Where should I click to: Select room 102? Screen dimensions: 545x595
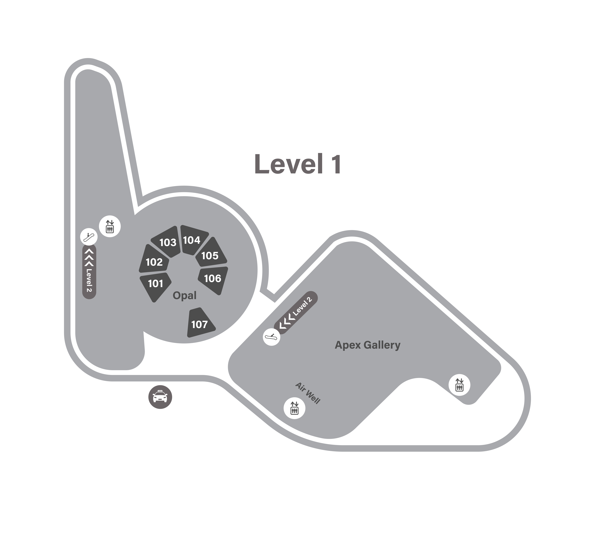(154, 262)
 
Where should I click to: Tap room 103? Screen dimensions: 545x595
(168, 242)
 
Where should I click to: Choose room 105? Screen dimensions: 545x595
(210, 256)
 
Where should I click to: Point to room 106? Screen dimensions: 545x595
(213, 278)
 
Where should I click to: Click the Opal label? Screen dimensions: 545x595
(184, 295)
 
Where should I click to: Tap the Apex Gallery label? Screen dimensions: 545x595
(367, 345)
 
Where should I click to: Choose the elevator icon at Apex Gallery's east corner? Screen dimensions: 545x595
(459, 385)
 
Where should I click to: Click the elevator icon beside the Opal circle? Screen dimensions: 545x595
(110, 226)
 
